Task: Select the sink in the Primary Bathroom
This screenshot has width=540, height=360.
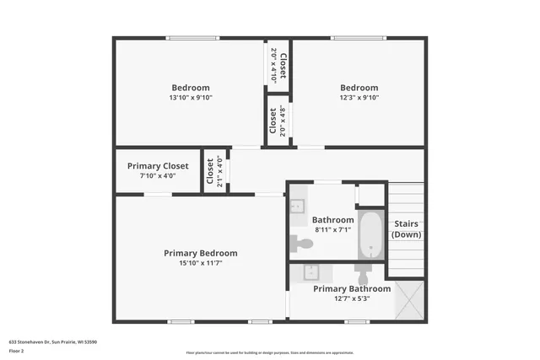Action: pos(310,271)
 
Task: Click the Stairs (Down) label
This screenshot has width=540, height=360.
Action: pos(406,228)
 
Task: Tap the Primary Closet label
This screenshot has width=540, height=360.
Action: pos(158,166)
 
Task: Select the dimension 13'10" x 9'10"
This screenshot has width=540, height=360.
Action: pos(191,98)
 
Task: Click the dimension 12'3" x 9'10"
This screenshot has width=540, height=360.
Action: pos(359,98)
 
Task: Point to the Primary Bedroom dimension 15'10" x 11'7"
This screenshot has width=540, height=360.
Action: pos(200,263)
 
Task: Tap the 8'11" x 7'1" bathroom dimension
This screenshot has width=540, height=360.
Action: pos(332,229)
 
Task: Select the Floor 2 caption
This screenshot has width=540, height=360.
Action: pos(17,351)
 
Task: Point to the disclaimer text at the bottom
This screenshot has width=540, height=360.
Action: pos(270,352)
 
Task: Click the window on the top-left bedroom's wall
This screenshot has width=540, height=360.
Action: pos(192,37)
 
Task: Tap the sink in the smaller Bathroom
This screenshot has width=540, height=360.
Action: pos(298,207)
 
